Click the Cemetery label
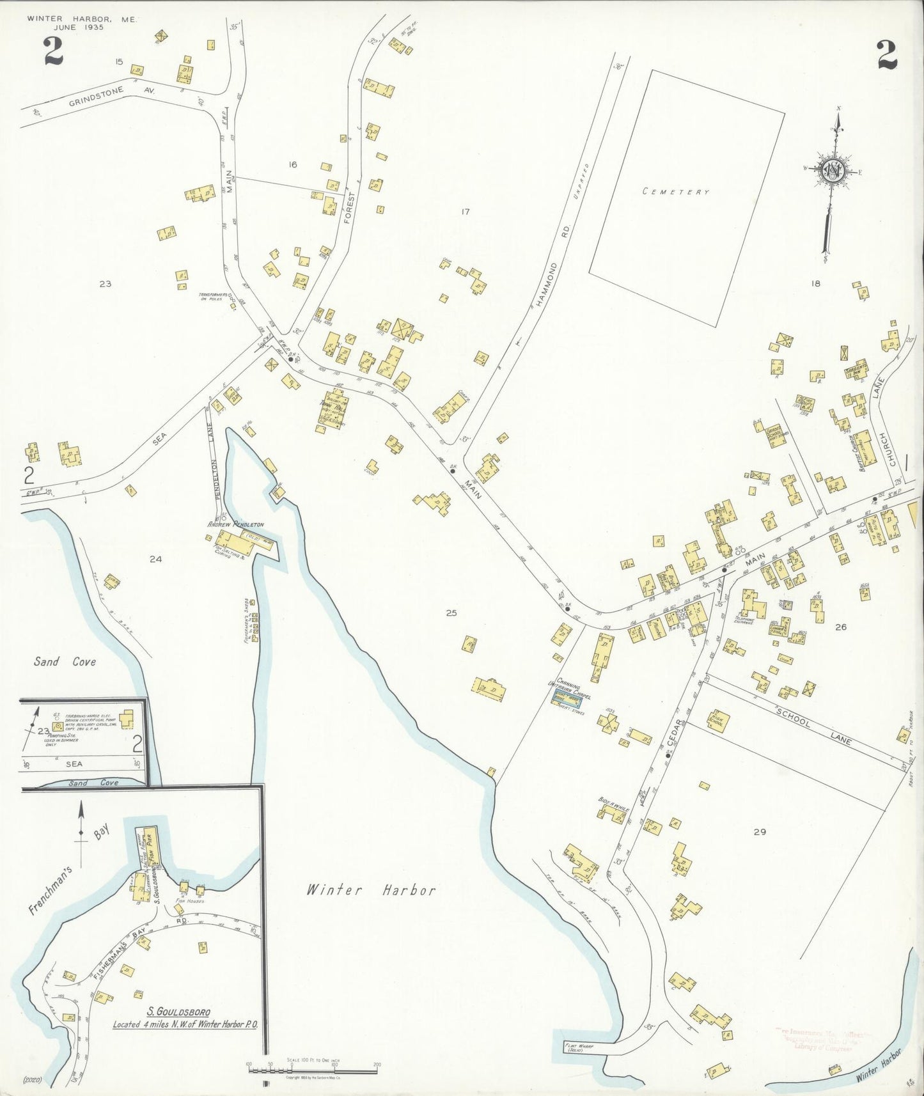(x=676, y=191)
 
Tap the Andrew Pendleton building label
(x=235, y=524)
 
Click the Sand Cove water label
(x=65, y=662)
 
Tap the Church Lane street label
(x=881, y=432)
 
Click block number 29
(x=759, y=832)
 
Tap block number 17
(x=465, y=211)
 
